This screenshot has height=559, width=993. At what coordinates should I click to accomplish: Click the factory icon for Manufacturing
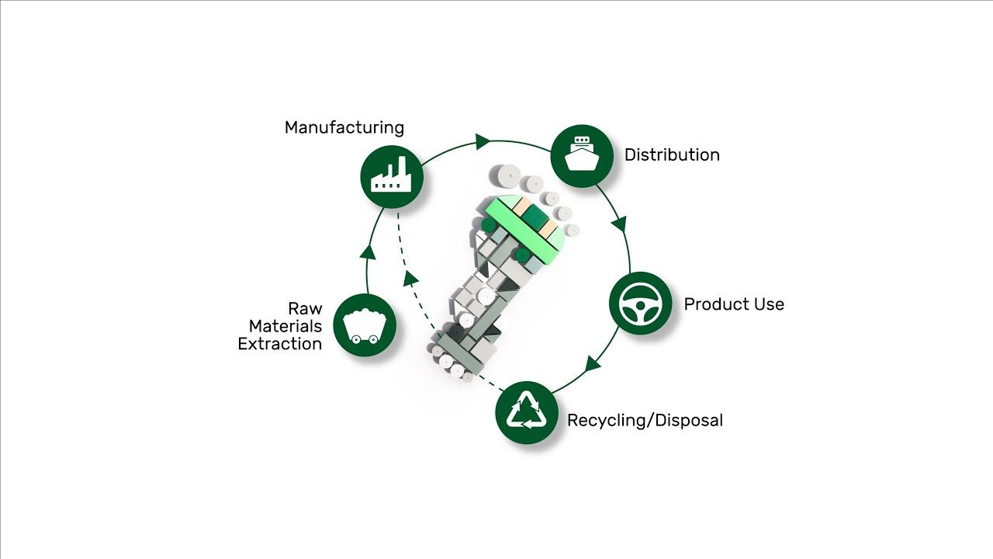(x=392, y=176)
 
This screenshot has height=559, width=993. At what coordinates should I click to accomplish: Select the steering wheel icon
(x=641, y=304)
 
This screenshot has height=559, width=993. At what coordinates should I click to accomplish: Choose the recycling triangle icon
(x=527, y=412)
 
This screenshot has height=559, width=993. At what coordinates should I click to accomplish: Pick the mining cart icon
(x=365, y=325)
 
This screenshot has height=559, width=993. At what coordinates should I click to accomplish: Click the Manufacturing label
(x=344, y=128)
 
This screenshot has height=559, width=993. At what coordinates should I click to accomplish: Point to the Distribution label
(x=672, y=155)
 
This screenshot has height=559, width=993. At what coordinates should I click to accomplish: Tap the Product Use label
(x=734, y=304)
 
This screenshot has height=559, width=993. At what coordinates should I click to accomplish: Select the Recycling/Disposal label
(x=645, y=421)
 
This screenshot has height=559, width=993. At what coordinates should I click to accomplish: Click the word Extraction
(x=280, y=344)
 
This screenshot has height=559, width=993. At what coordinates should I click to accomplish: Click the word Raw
(x=305, y=308)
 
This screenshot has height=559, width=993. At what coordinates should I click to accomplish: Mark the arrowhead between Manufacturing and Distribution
(x=483, y=141)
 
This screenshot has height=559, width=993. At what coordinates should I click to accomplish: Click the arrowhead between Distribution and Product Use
(x=621, y=224)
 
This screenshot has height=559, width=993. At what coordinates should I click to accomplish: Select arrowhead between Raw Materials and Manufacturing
(x=368, y=252)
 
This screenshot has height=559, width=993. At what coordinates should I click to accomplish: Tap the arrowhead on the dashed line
(x=411, y=278)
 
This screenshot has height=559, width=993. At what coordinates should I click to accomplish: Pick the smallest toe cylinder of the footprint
(x=573, y=231)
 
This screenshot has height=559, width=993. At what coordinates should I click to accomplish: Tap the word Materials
(x=285, y=326)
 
